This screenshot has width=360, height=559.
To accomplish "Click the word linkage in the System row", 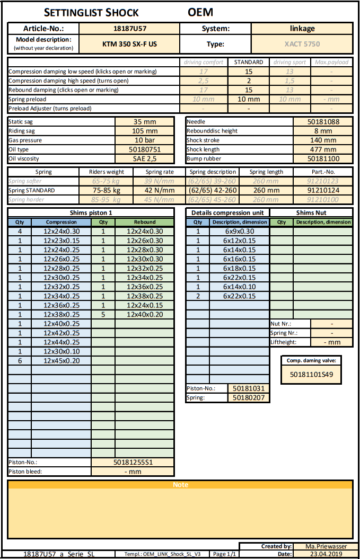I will click(302, 28).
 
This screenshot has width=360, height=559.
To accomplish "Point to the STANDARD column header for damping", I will click(248, 62).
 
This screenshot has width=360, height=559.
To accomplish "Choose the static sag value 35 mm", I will click(145, 121).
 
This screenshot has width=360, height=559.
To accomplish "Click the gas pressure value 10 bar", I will click(145, 140).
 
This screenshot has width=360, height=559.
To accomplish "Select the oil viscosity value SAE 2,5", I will click(145, 158).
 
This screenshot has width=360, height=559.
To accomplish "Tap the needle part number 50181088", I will click(323, 121).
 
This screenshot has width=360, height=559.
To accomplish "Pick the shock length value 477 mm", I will click(323, 149).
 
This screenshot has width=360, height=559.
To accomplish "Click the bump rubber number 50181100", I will click(323, 158).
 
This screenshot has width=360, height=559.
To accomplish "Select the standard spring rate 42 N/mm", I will click(160, 190).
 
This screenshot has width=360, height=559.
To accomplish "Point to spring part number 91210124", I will click(323, 190).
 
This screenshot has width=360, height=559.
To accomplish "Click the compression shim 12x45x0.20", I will click(62, 360).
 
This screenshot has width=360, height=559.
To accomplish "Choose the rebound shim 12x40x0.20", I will click(145, 314).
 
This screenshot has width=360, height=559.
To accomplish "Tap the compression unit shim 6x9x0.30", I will click(239, 231).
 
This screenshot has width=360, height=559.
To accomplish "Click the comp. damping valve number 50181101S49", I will click(312, 374).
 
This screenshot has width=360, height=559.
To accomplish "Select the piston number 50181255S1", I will click(133, 462).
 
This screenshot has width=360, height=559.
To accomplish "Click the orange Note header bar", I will click(180, 485).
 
